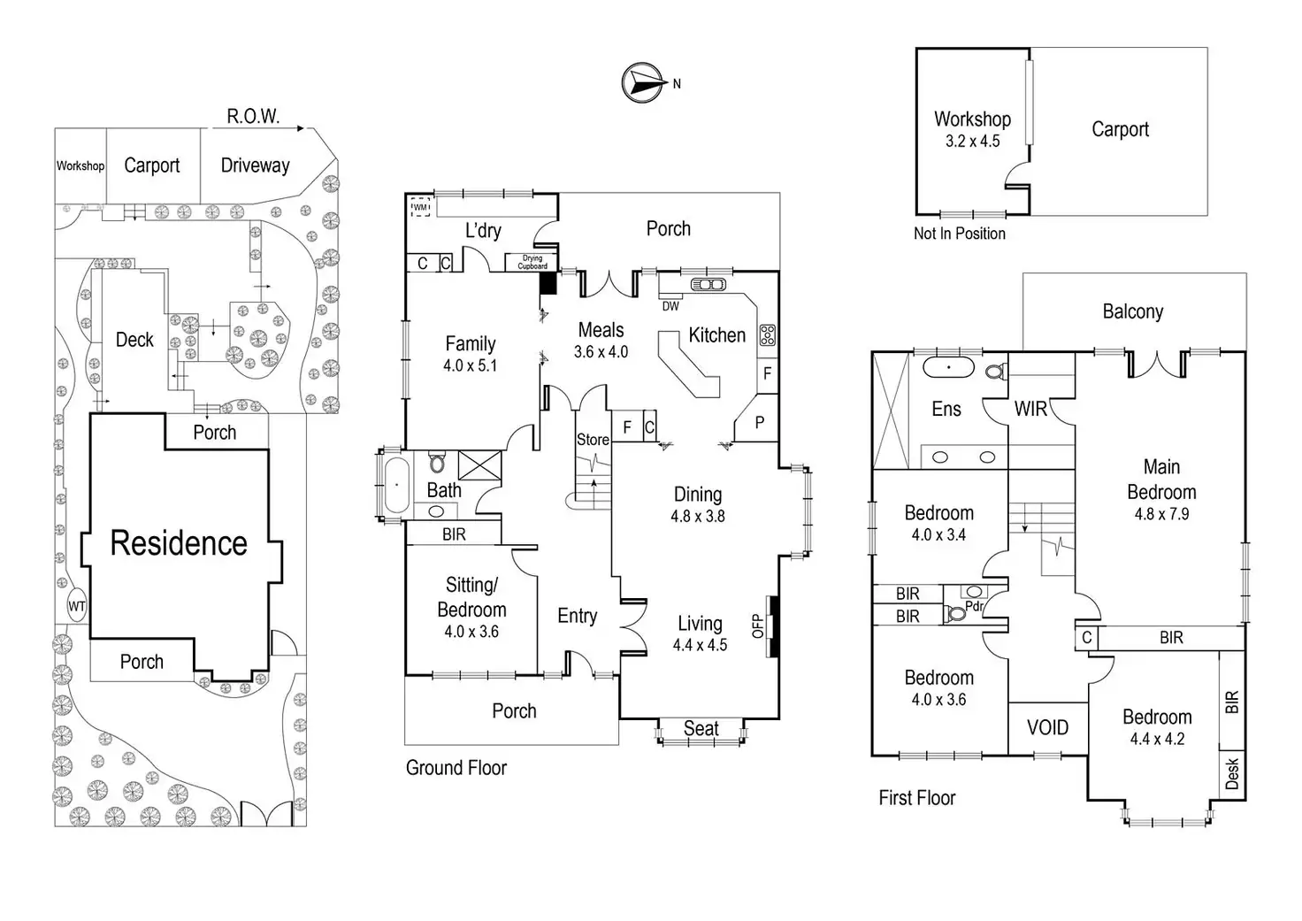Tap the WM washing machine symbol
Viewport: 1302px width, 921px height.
421,207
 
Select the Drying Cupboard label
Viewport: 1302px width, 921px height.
532,262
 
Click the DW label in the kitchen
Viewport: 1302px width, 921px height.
670,306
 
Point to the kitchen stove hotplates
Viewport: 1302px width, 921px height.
767,334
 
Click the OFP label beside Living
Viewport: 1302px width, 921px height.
757,626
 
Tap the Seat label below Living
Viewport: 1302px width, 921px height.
701,729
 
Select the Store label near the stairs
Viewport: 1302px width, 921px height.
593,440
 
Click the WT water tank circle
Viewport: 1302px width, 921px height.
77,606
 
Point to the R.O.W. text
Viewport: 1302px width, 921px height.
253,116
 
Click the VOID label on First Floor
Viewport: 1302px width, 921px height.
1047,727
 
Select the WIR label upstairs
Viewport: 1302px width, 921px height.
1030,409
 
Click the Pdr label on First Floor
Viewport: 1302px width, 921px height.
974,606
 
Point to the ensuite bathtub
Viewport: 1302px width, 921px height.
949,367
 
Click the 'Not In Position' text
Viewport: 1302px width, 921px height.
960,234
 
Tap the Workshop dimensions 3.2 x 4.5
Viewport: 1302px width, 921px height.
972,141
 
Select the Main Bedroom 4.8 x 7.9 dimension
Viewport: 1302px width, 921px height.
1161,514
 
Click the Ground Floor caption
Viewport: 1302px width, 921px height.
456,768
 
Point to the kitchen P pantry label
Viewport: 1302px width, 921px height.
759,424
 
